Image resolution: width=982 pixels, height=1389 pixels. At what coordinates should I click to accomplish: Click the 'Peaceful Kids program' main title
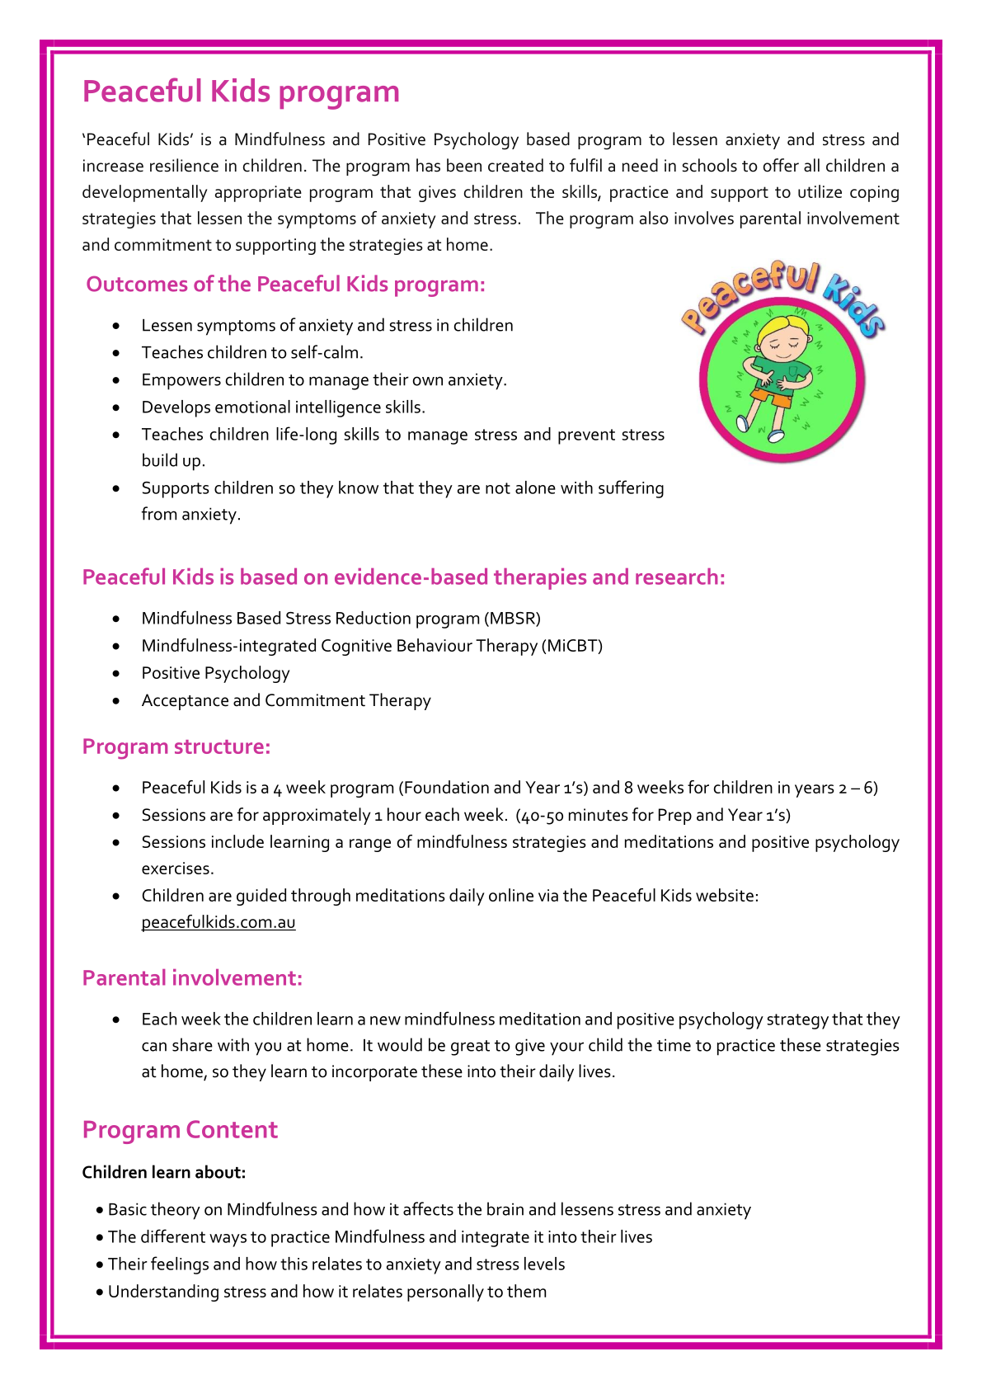241,92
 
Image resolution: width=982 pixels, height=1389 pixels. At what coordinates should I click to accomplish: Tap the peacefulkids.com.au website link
218,922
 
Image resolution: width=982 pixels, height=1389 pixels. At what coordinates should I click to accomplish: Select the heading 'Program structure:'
176,746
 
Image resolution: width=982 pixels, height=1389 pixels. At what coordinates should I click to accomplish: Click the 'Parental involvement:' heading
192,978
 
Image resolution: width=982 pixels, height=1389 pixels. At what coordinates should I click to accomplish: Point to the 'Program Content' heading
180,1130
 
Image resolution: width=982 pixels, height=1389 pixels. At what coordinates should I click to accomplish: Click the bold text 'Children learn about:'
164,1172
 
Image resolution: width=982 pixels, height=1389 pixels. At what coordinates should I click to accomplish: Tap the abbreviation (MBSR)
513,619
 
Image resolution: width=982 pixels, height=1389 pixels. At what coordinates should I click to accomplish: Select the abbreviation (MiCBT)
572,646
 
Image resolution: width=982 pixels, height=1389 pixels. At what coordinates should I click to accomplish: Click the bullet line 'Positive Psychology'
215,673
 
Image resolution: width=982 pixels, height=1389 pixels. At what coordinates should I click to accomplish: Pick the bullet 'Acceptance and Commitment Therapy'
286,700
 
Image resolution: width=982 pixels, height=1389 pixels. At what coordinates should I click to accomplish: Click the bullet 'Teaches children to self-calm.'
252,353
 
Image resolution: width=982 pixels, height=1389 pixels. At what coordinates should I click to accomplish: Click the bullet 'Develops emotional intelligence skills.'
284,407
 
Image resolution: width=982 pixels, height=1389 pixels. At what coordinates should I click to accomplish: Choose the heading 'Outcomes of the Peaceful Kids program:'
285,285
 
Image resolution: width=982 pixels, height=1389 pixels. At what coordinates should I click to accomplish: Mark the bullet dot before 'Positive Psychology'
119,673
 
